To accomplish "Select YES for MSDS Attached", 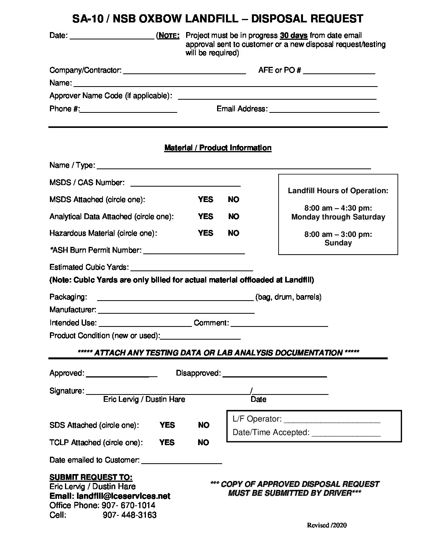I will tap(205, 199).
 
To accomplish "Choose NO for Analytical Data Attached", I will tap(234, 216).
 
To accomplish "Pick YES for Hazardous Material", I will tap(205, 233).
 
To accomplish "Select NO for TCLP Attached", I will tap(204, 442).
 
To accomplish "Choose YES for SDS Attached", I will tap(167, 425).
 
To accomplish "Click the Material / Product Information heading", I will tap(218, 148).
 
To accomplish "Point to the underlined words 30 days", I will tap(294, 36).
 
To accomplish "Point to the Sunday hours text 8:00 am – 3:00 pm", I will tap(338, 234).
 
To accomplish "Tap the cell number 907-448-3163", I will tap(130, 515).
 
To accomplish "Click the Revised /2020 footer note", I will tap(327, 525).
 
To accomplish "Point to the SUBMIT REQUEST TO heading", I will tap(91, 477).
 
